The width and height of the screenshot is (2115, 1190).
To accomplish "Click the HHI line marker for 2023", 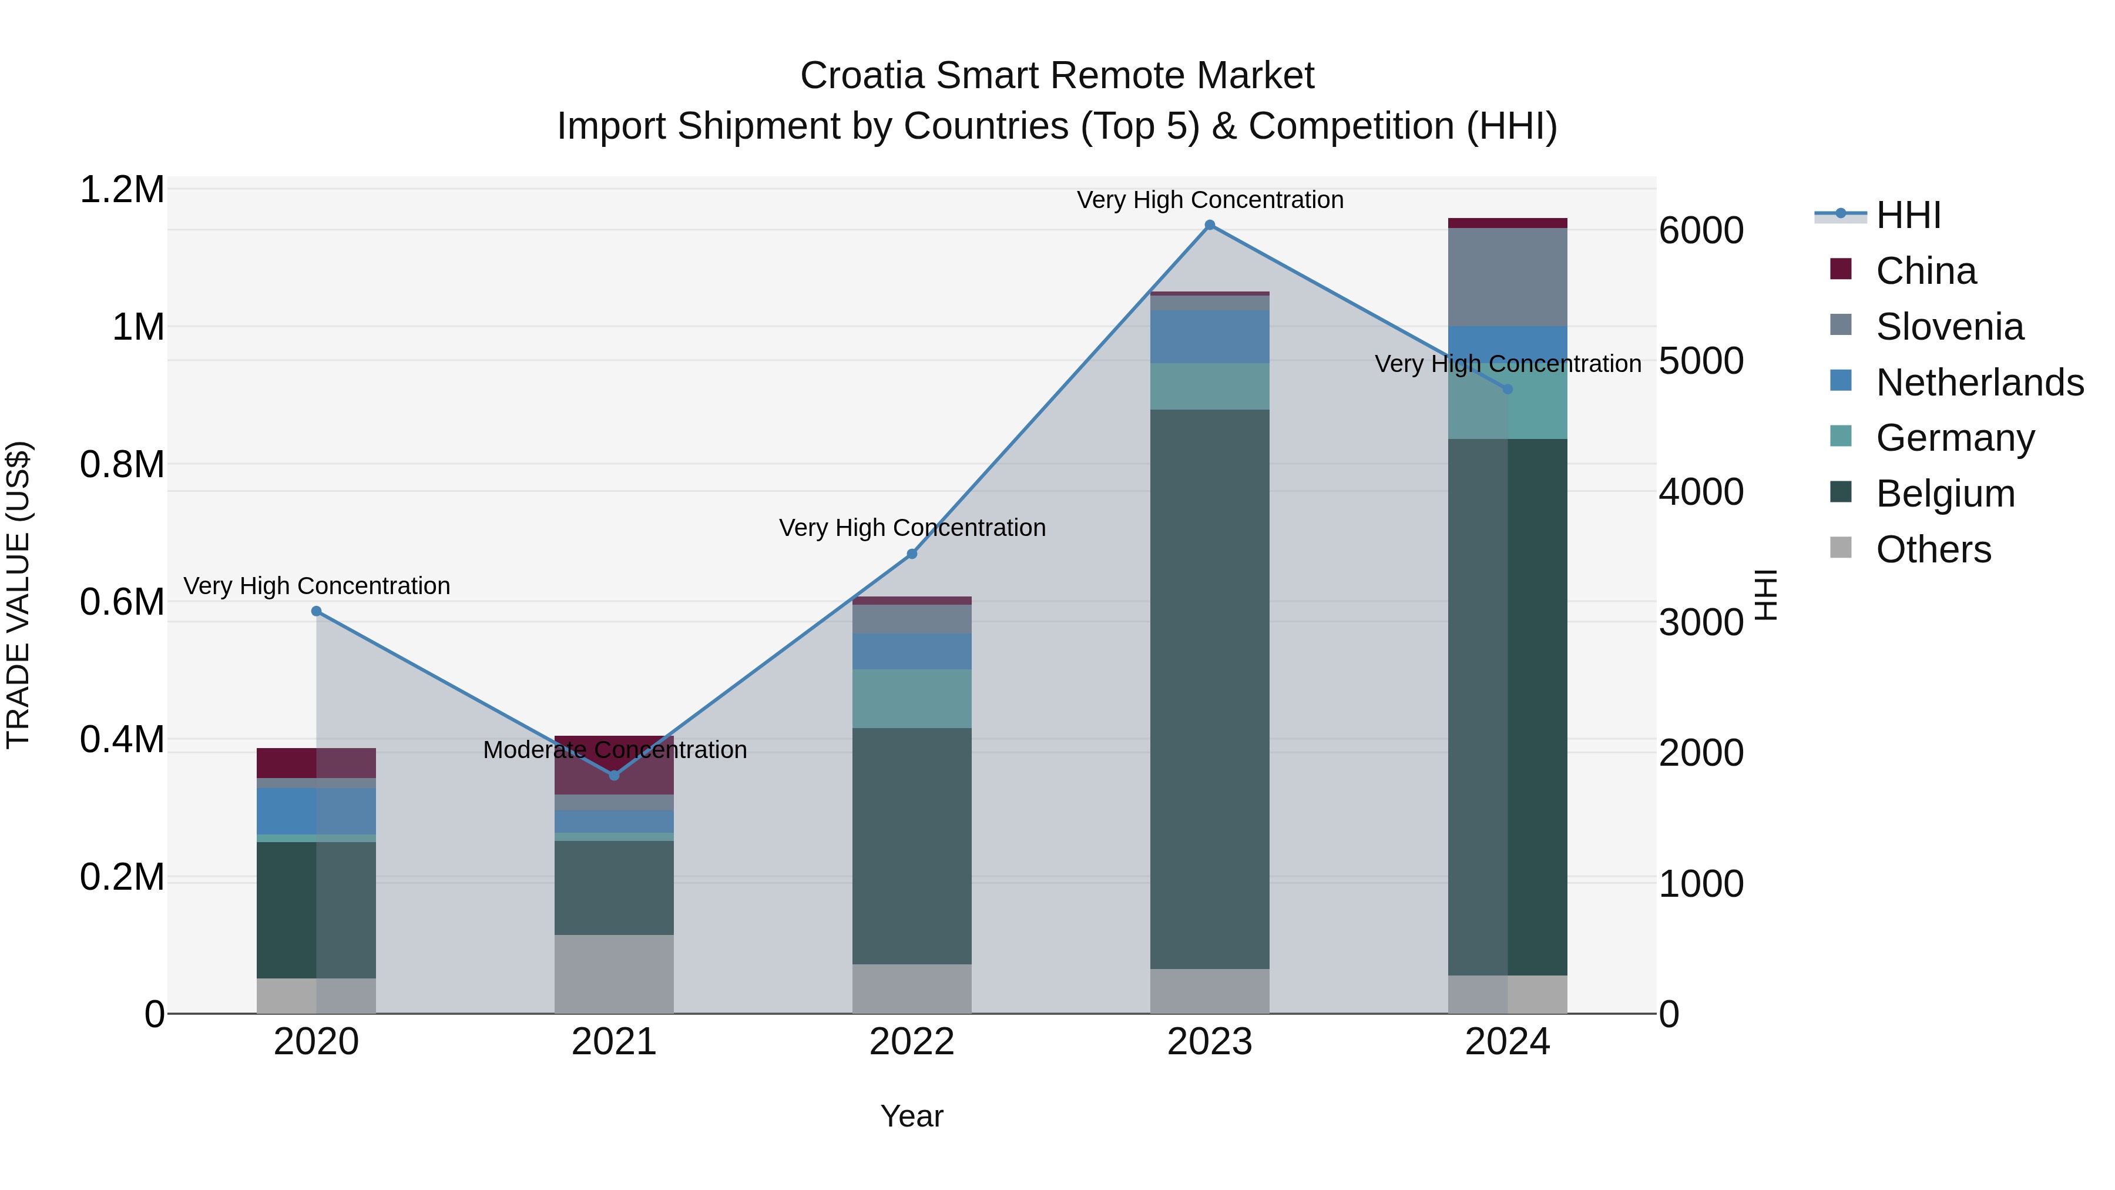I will coord(1210,225).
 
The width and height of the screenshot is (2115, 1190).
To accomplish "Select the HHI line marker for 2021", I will coord(614,775).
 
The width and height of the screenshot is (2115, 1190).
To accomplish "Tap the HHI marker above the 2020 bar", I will coord(316,611).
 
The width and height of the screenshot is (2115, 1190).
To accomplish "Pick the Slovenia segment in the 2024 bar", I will coord(1508,277).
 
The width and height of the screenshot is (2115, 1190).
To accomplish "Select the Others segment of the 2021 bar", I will coord(614,973).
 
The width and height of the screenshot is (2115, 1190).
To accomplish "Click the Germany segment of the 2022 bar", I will coord(911,698).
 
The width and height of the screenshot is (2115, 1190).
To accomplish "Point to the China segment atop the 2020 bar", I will coord(316,762).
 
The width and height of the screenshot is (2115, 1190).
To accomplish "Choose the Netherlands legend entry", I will coord(1979,382).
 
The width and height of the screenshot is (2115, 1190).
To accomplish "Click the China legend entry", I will coord(1925,270).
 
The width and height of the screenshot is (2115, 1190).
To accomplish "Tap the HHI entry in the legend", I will coord(1907,215).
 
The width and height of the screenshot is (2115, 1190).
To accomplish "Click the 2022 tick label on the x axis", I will coord(911,1042).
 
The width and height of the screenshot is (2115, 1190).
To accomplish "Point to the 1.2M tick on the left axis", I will coord(122,190).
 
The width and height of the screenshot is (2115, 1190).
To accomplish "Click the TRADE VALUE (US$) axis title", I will coord(18,595).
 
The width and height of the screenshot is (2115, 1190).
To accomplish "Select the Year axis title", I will coord(911,1116).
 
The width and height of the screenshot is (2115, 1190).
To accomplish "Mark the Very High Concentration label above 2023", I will coord(1210,200).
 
